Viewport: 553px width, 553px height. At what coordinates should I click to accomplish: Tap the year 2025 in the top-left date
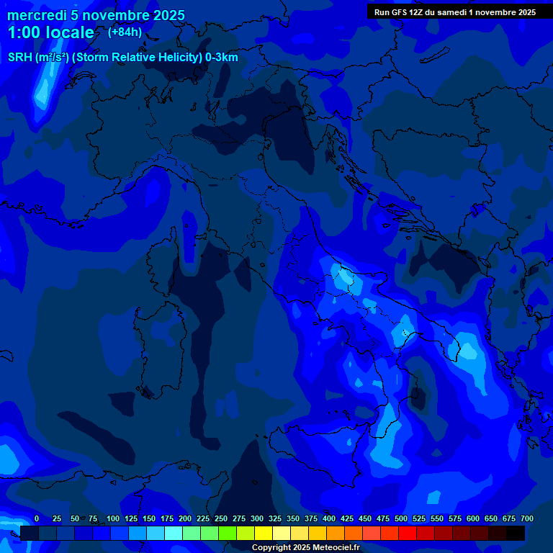168,15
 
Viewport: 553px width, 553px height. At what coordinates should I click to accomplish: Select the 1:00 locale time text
50,33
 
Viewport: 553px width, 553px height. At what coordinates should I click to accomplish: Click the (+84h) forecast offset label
125,32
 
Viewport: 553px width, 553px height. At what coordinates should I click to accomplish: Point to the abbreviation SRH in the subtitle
19,58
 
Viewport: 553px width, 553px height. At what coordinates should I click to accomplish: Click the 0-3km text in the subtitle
222,58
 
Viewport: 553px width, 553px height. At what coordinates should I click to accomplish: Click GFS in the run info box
399,12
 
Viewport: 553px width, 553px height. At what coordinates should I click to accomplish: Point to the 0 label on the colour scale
37,518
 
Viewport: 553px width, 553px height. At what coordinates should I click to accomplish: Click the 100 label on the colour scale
113,518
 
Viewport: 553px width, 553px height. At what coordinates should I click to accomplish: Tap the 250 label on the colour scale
221,518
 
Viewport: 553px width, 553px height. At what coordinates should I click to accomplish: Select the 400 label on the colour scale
329,518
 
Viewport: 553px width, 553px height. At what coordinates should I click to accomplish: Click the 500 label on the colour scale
401,518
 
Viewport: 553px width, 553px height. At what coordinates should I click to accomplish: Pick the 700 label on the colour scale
527,518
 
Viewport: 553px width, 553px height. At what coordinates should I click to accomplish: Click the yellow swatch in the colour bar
264,533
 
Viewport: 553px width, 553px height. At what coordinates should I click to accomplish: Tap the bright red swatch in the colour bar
408,533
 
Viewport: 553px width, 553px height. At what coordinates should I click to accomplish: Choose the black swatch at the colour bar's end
516,533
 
